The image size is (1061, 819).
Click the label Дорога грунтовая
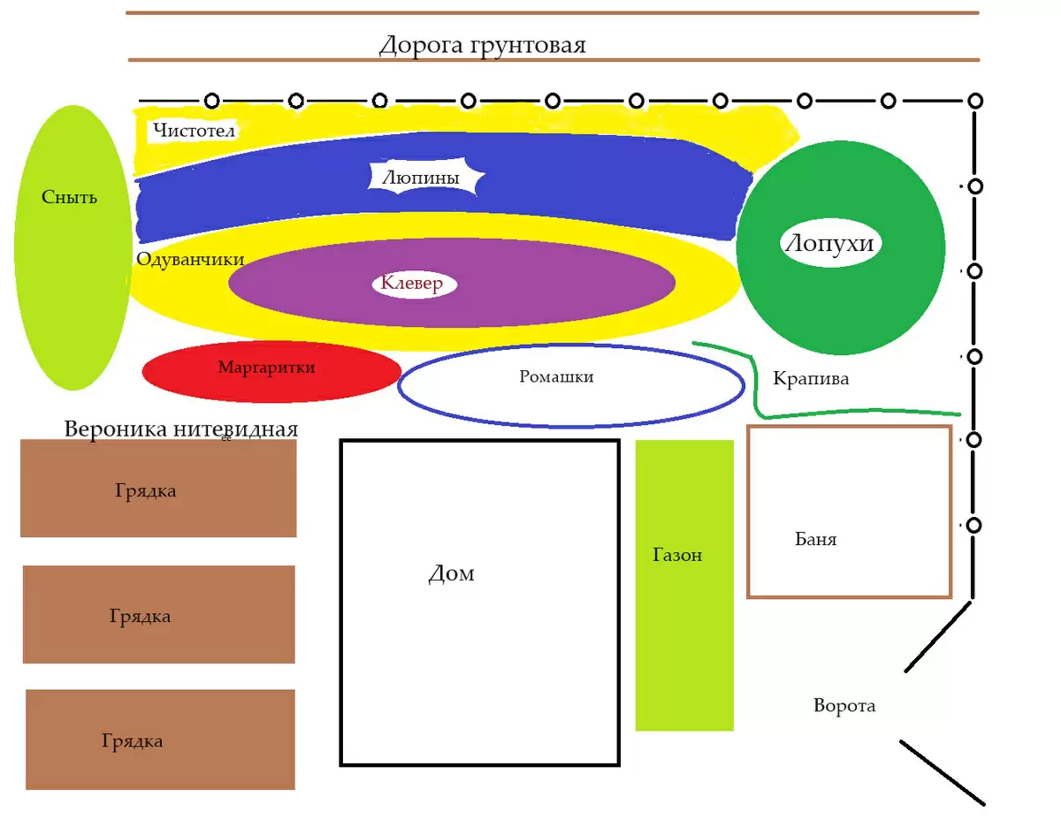[482, 45]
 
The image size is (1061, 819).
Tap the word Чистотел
[193, 132]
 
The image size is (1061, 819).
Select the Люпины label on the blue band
[421, 178]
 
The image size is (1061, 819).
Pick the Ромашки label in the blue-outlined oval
[556, 377]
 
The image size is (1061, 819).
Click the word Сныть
[69, 197]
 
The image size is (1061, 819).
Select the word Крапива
[811, 379]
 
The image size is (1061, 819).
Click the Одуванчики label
[190, 259]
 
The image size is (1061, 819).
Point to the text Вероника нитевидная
[180, 429]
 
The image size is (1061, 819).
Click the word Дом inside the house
[451, 574]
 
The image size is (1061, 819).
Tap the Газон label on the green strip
[677, 555]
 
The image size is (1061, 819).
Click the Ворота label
[844, 706]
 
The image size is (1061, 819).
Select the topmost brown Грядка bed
[157, 489]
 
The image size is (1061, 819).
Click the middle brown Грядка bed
[158, 615]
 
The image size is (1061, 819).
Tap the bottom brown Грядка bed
[159, 740]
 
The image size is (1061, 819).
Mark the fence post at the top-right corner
[975, 101]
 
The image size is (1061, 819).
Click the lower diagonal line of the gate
[942, 772]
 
